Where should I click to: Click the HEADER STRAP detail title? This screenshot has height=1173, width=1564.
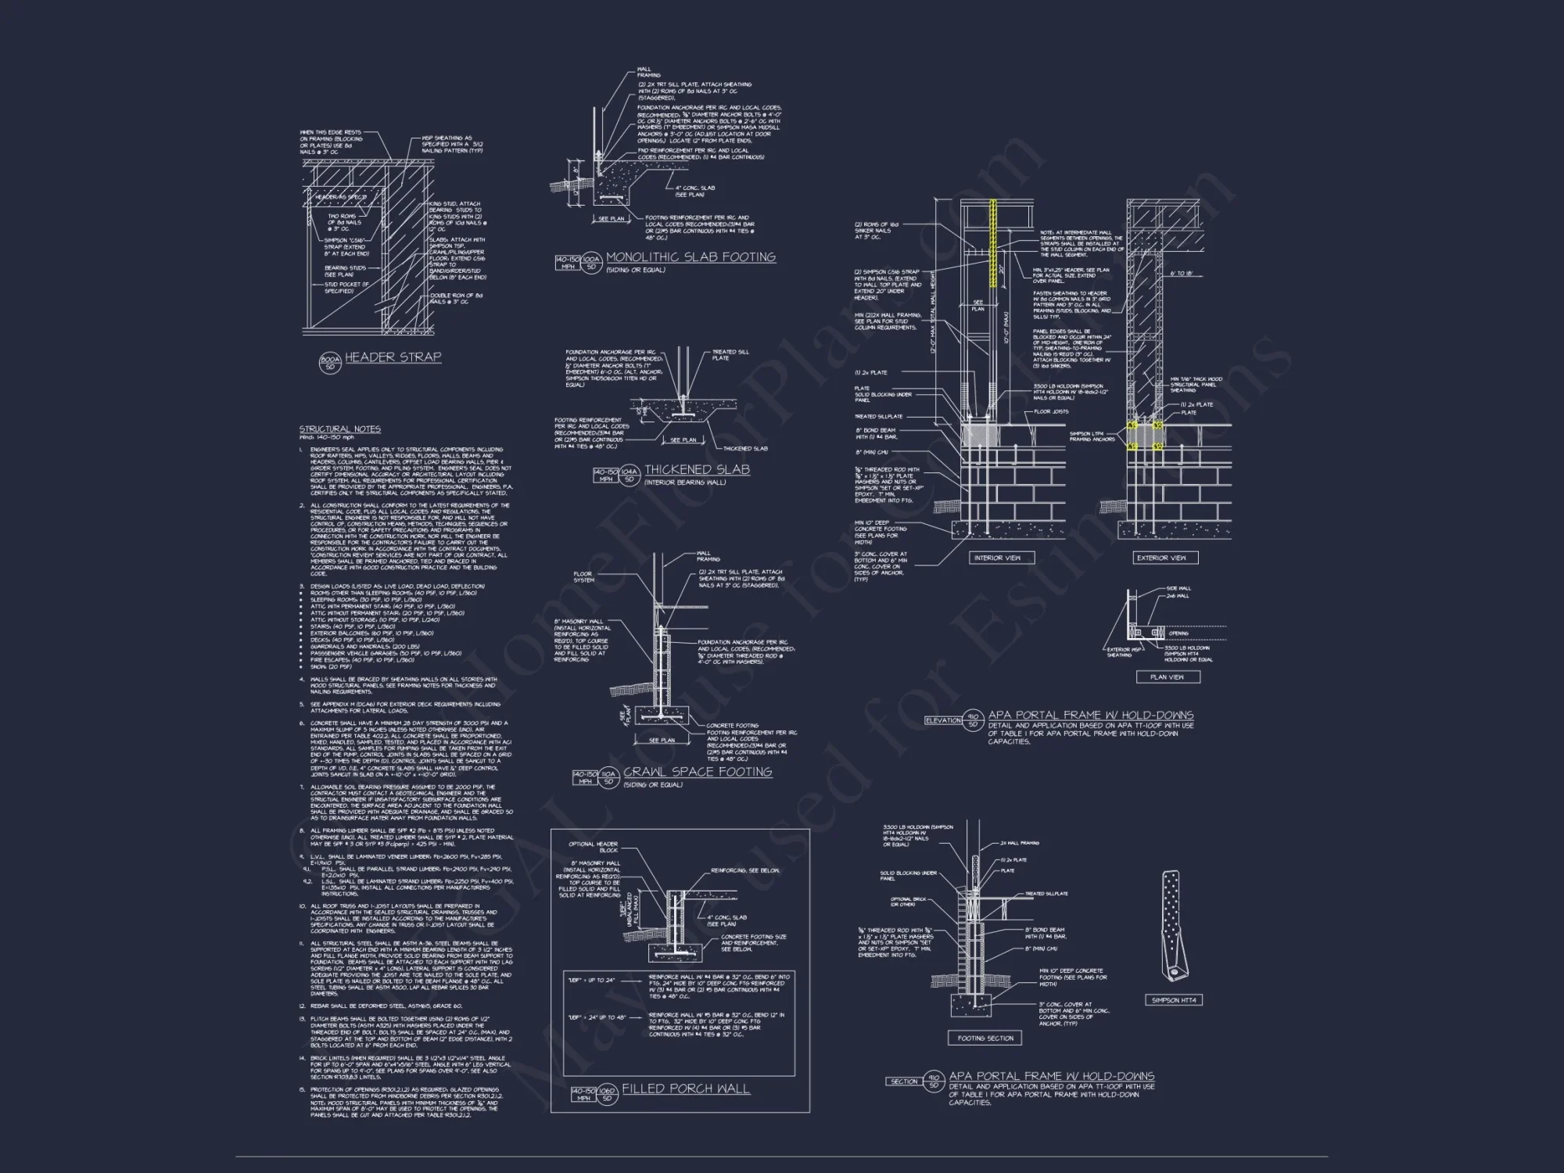pyautogui.click(x=393, y=357)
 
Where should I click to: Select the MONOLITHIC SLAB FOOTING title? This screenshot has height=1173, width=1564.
pyautogui.click(x=691, y=257)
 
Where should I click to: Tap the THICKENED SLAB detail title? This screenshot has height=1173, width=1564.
pyautogui.click(x=697, y=470)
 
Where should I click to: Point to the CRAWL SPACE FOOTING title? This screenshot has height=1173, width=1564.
pyautogui.click(x=698, y=772)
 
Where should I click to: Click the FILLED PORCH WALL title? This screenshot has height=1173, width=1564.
pyautogui.click(x=686, y=1089)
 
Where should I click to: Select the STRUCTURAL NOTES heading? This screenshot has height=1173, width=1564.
pyautogui.click(x=340, y=429)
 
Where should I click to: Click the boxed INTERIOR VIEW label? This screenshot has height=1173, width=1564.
pyautogui.click(x=998, y=558)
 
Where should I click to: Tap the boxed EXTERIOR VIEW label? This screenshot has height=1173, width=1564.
pyautogui.click(x=1161, y=558)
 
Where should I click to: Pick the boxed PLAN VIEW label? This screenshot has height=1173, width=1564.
pyautogui.click(x=1167, y=677)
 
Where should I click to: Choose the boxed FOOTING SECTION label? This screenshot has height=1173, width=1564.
pyautogui.click(x=985, y=1038)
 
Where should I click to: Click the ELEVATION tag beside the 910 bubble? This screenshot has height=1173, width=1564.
pyautogui.click(x=942, y=720)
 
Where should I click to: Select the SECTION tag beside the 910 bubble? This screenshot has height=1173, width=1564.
pyautogui.click(x=904, y=1082)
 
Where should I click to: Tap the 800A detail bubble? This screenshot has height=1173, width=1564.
pyautogui.click(x=329, y=362)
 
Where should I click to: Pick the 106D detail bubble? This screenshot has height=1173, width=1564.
pyautogui.click(x=608, y=1094)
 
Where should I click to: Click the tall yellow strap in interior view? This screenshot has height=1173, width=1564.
pyautogui.click(x=994, y=244)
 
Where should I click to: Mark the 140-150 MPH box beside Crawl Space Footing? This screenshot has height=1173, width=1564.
pyautogui.click(x=585, y=777)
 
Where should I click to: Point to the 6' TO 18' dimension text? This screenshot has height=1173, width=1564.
pyautogui.click(x=1182, y=274)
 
